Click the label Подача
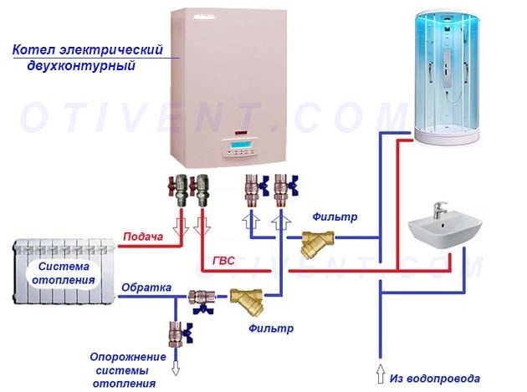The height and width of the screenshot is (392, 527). tap(143, 237)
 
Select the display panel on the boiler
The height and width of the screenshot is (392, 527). tap(239, 149)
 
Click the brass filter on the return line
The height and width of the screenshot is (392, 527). tap(251, 299)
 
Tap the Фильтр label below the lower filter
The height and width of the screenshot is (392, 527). tap(271, 328)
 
